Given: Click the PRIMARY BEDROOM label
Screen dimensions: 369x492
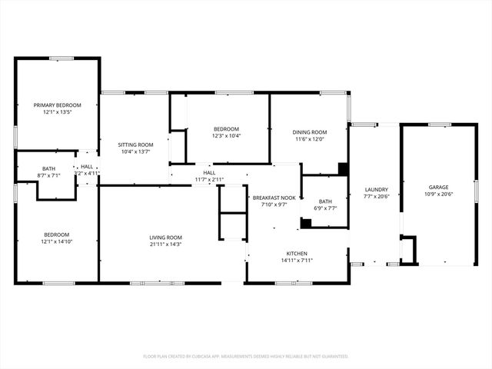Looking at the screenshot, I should [56, 105].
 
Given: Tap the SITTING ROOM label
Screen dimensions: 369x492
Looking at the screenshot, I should [135, 145].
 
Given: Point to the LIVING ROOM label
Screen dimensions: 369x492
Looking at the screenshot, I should [165, 238].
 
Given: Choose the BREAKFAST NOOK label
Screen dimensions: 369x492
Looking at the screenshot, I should [274, 198].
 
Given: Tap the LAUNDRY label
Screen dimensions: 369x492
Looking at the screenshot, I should [376, 189].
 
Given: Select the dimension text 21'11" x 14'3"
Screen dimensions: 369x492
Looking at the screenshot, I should [165, 245].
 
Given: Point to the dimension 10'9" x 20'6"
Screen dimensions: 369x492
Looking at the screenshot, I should [440, 194].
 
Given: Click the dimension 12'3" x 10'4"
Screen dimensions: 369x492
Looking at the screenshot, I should [226, 136].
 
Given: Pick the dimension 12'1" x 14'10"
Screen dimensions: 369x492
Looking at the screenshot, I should [56, 242].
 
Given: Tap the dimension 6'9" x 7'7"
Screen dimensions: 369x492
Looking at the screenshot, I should [325, 208].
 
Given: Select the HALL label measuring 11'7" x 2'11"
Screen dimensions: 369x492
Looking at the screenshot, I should [209, 173].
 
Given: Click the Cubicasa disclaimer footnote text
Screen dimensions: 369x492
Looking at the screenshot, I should [246, 357].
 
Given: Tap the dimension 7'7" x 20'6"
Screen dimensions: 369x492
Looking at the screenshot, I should [376, 197].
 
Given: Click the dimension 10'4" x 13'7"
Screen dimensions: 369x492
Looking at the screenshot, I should [135, 152].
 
